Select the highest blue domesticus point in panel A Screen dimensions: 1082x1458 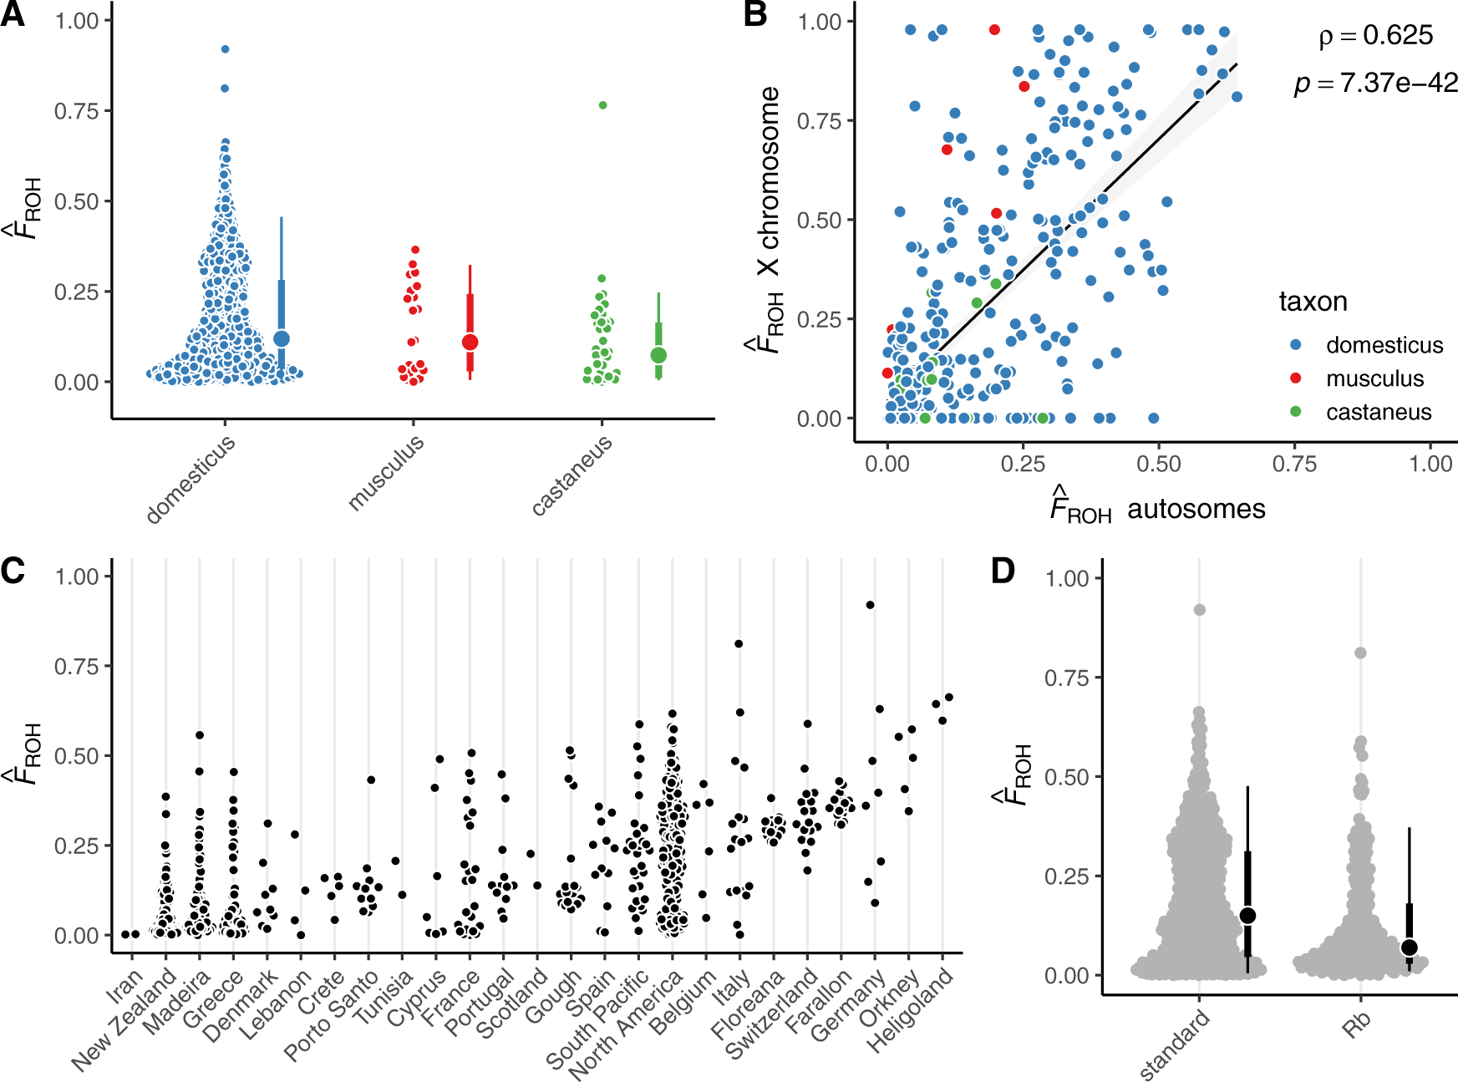tap(225, 49)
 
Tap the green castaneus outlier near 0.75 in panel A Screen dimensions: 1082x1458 tap(602, 105)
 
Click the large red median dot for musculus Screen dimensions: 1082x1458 tap(470, 343)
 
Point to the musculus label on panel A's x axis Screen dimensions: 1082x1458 tap(386, 472)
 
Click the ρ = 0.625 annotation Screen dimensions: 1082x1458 tap(1375, 36)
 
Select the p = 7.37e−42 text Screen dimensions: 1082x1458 tap(1375, 83)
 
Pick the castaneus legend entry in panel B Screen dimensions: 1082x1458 tap(1378, 412)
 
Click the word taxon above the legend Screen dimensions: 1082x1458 tap(1313, 302)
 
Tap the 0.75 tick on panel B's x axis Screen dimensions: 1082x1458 tap(1294, 464)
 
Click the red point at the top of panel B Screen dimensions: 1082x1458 tap(994, 29)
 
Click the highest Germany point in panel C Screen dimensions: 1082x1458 tap(870, 605)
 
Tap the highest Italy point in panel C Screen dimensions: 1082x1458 tap(739, 644)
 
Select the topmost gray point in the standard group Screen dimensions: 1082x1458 tap(1200, 610)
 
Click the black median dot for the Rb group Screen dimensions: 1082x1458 tap(1410, 947)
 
